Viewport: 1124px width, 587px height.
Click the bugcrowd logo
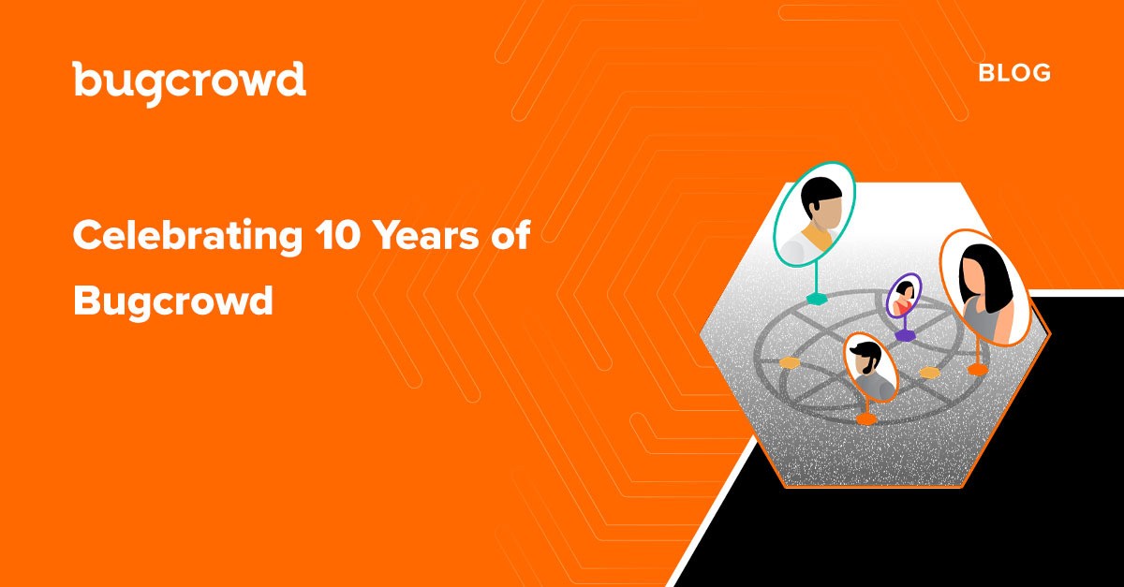189,83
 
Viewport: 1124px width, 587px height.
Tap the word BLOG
1014,73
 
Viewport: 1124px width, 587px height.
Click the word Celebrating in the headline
187,237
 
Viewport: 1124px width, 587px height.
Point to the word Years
427,235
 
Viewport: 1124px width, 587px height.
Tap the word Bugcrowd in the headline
173,301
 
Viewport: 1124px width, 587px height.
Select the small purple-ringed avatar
904,296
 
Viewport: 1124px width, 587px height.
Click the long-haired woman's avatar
984,288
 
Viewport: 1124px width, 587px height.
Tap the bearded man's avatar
870,368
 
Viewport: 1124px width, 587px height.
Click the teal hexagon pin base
817,299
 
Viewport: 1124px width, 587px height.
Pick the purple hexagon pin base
905,335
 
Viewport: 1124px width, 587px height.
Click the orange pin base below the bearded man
866,418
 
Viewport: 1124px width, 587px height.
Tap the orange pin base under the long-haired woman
978,370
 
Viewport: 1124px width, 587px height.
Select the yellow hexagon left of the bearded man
790,362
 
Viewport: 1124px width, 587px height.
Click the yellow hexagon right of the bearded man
929,373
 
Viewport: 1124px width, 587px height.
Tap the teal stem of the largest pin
817,277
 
